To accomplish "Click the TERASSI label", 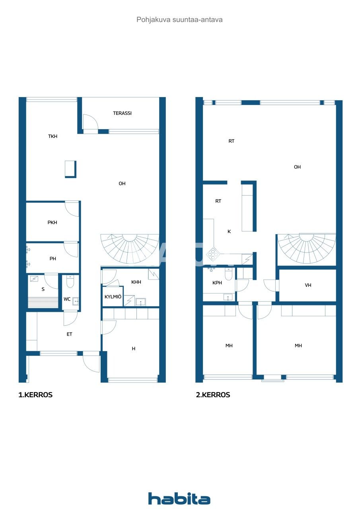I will (122, 113).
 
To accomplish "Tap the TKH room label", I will (53, 136).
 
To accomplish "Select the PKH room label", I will (52, 223).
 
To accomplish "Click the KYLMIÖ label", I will (113, 297).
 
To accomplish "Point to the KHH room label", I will (136, 282).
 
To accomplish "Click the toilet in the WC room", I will (70, 282).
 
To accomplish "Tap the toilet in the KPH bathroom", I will (228, 274).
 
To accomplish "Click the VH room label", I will (308, 285).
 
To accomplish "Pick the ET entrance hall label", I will (69, 334).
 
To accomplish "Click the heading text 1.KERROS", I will (35, 395).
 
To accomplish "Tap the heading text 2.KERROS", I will (213, 395).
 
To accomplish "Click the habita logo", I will (179, 498).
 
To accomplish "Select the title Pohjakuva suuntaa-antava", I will (179, 19).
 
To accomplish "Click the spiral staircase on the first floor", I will (129, 248).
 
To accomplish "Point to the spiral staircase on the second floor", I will (306, 248).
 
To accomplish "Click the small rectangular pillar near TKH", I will (70, 169).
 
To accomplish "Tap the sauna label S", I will (43, 289).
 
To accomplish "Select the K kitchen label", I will (229, 231).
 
